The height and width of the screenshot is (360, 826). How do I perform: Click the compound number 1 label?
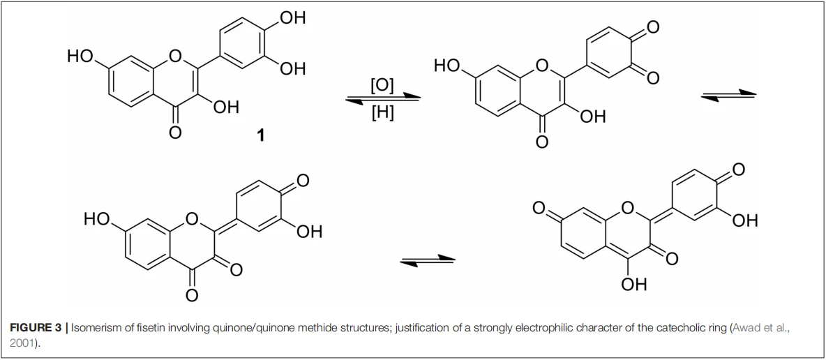point(260,135)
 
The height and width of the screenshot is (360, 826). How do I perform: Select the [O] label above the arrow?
point(382,85)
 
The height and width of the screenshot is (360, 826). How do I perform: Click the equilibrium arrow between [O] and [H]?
point(382,98)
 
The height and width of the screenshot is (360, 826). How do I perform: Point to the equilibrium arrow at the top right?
point(728,93)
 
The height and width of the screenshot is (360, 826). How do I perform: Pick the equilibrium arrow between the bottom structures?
point(427,260)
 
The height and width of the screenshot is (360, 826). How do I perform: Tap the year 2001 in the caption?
point(20,342)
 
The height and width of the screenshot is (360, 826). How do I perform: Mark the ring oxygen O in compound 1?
point(175,55)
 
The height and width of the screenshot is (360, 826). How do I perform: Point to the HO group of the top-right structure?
point(447,66)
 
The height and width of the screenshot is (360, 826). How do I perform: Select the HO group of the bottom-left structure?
point(98,219)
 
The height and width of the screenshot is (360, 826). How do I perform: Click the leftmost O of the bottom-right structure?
point(539,208)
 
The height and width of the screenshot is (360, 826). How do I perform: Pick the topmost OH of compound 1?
point(292,18)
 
